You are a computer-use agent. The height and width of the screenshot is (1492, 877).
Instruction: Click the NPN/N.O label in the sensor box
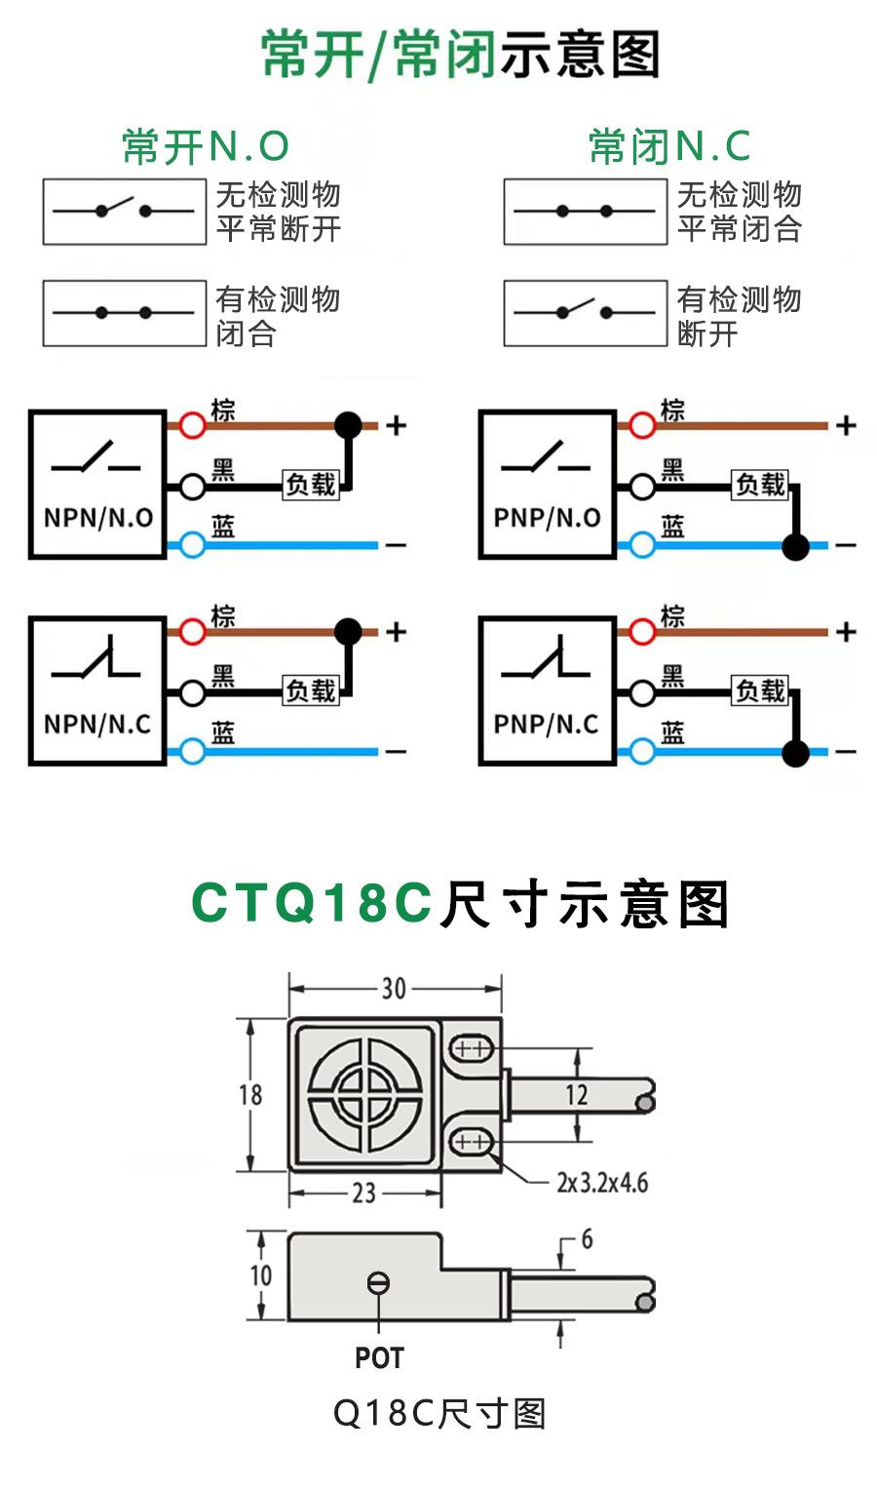point(97,518)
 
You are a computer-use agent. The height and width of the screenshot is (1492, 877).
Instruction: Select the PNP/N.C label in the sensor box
point(546,725)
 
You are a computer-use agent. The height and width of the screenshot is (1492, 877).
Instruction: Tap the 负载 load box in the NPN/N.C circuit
point(311,691)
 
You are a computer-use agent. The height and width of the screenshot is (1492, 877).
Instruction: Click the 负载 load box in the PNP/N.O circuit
point(760,485)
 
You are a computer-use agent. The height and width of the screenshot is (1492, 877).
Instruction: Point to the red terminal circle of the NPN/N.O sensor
point(193,425)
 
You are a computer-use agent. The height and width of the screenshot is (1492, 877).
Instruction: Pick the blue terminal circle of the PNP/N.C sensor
point(642,751)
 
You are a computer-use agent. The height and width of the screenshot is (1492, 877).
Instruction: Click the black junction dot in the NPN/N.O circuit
point(348,424)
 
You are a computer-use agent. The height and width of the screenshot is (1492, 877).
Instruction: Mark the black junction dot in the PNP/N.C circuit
point(796,752)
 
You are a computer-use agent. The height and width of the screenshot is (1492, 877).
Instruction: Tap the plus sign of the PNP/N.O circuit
point(846,425)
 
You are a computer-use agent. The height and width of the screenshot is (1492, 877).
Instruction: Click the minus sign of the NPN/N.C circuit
point(396,752)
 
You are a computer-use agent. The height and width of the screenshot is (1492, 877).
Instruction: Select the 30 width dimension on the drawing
point(394,989)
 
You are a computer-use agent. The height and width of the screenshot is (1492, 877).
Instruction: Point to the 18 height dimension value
point(250,1094)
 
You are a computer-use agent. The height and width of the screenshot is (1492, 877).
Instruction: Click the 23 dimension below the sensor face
point(363,1193)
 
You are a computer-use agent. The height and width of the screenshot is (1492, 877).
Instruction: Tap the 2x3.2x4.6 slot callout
point(602,1183)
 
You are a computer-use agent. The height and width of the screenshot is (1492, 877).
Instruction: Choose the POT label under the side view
point(379,1357)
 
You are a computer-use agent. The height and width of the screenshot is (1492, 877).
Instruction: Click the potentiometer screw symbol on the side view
point(378,1283)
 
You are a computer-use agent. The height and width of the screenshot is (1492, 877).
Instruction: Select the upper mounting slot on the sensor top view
point(473,1048)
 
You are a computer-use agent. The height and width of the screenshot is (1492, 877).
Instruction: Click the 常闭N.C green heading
point(669,146)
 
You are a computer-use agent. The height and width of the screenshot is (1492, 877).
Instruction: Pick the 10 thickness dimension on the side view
point(260,1276)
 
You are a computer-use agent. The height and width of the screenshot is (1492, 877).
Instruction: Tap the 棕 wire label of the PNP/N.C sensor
point(672,616)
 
